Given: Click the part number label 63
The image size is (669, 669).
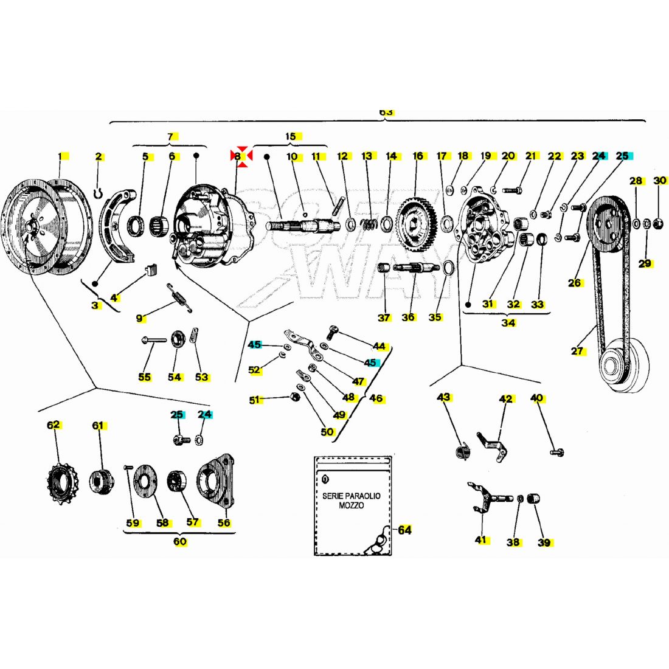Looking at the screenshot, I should (386, 113).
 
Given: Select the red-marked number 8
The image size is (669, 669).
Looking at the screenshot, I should (241, 156).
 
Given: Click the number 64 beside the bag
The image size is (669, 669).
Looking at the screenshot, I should (404, 530).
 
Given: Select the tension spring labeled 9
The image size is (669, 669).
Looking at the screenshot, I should (180, 299).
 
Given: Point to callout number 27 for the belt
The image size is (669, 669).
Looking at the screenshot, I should (577, 351).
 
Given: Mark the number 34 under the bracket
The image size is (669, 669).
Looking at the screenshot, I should (508, 323).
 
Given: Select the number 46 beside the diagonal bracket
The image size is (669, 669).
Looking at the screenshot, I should (377, 399).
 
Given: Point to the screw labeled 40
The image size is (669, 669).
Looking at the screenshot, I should (556, 452).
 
